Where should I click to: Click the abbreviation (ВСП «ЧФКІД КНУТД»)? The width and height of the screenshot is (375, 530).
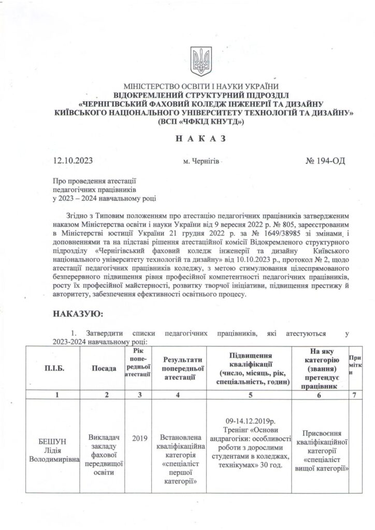click(203, 122)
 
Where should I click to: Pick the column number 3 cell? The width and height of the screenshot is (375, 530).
click(137, 395)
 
